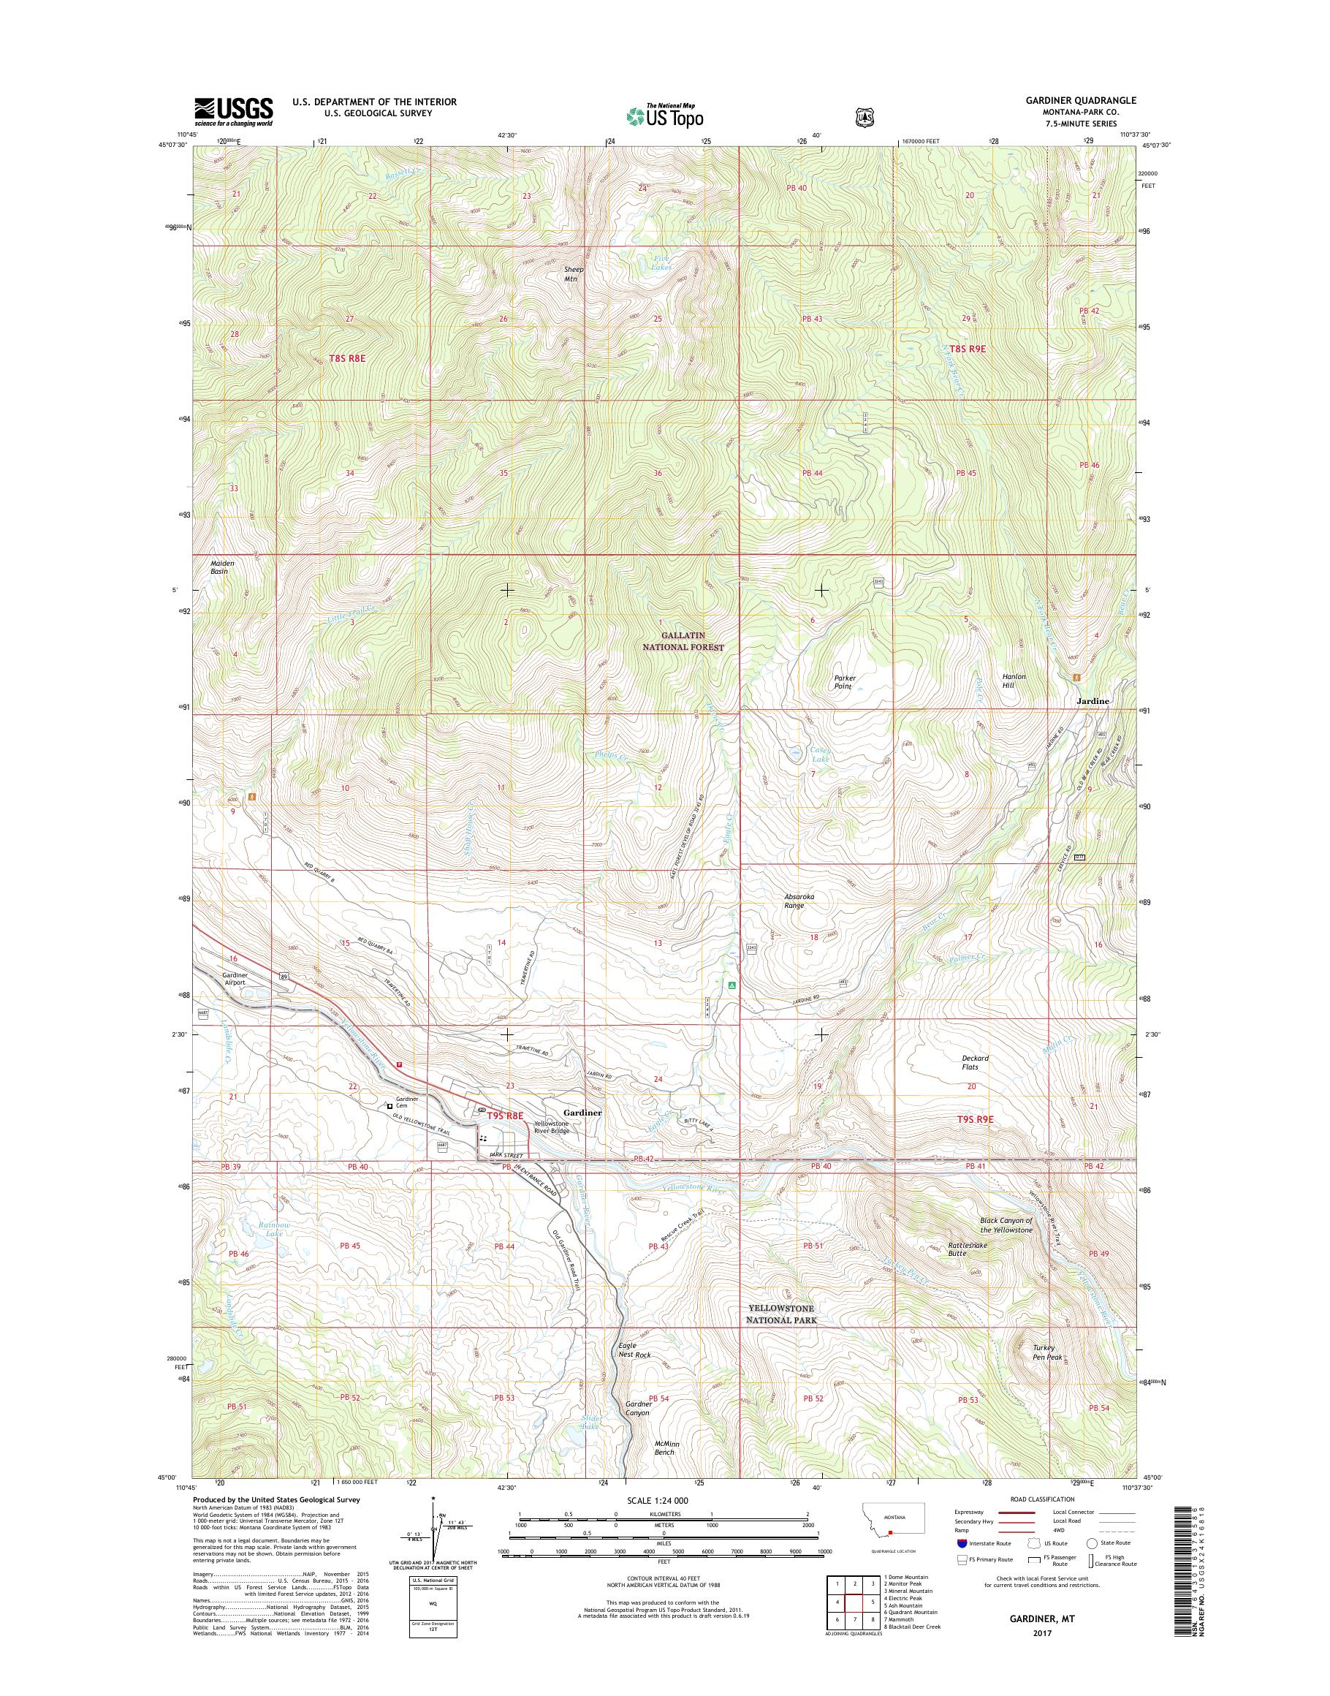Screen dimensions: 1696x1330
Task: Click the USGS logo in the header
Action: tap(234, 111)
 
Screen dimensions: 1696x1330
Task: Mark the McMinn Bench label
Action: tap(666, 1469)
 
